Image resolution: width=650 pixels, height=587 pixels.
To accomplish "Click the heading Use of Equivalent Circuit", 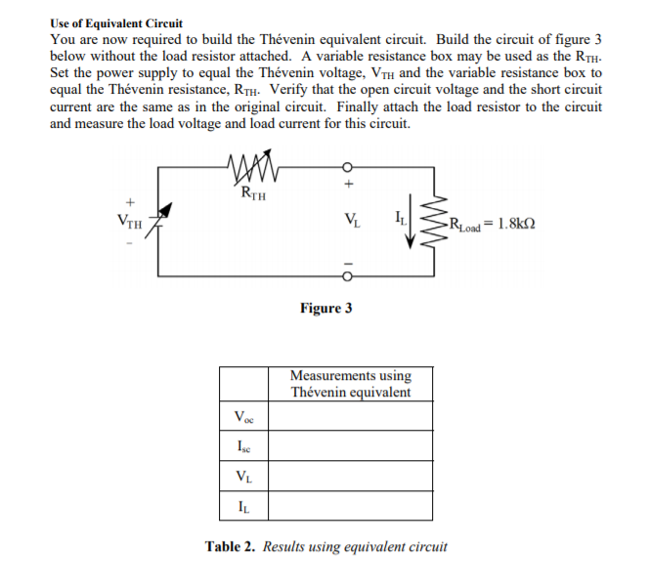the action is click(x=116, y=23).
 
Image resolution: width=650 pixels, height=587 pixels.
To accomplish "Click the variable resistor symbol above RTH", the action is click(x=253, y=167).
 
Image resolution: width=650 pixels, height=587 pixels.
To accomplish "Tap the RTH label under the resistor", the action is click(x=253, y=193).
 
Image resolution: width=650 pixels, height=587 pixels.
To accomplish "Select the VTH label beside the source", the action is click(x=129, y=222).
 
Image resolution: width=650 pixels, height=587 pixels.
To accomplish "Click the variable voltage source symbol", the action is click(x=158, y=220).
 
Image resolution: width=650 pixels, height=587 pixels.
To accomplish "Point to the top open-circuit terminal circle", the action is click(x=347, y=167).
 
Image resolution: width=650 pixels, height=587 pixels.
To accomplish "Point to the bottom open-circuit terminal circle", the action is click(x=347, y=276).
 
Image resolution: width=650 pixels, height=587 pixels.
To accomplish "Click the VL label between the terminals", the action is click(x=352, y=220).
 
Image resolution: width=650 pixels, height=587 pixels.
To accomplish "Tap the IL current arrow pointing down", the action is click(x=410, y=221).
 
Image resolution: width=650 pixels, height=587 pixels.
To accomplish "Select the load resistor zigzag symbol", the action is click(x=434, y=222).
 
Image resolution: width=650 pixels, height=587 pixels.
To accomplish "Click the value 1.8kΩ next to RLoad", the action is click(x=516, y=224).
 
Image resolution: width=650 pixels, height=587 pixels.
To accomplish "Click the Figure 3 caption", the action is click(x=326, y=309).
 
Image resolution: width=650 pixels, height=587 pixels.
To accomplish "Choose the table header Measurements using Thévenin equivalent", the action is click(x=351, y=384).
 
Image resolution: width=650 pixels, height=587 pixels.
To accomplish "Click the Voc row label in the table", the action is click(x=243, y=416).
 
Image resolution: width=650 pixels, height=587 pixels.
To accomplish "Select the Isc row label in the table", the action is click(x=243, y=446).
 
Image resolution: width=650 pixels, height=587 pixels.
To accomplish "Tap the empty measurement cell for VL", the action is click(x=350, y=476).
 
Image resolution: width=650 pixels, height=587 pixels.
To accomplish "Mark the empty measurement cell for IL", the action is click(x=350, y=506).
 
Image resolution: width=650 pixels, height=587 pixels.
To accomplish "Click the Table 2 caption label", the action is click(x=230, y=546).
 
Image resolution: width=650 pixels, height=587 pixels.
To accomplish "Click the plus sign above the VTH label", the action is click(x=131, y=202).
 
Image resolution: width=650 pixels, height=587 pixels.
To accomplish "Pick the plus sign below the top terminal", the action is click(x=349, y=184).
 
